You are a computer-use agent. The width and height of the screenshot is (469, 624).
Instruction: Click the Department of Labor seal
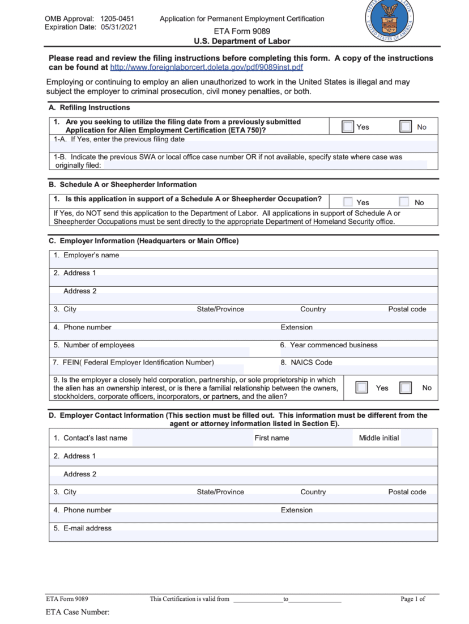[389, 19]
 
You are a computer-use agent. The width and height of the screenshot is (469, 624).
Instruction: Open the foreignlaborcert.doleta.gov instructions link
[207, 67]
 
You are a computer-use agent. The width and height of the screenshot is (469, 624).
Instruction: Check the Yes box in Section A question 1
[348, 127]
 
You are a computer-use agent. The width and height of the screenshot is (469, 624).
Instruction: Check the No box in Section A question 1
[406, 127]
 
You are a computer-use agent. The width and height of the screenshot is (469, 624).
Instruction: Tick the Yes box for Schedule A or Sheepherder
[348, 202]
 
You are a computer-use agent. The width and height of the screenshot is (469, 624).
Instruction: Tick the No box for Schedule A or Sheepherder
[404, 202]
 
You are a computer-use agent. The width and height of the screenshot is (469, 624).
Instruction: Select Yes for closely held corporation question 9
[361, 388]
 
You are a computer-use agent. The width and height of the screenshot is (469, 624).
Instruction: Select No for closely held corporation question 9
[406, 388]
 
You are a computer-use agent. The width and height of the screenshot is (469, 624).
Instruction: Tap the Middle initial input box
[417, 438]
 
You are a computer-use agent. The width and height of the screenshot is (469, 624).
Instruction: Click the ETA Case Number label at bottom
[78, 612]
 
